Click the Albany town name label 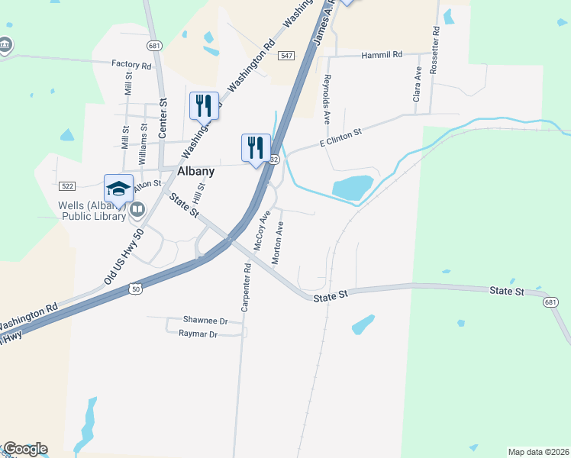tap(195, 172)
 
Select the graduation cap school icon tap(118, 188)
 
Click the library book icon tap(137, 208)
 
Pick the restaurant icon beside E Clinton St tap(256, 147)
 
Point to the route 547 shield tap(286, 56)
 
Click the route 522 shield tap(66, 186)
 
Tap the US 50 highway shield tap(135, 289)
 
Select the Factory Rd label tap(131, 65)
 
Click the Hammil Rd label tap(382, 55)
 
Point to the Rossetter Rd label tap(435, 50)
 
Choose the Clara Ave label tap(418, 84)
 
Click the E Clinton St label tap(340, 138)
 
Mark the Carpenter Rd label tap(246, 288)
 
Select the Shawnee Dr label tap(205, 321)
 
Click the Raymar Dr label tap(198, 334)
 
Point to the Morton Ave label tap(278, 243)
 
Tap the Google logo tap(24, 449)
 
